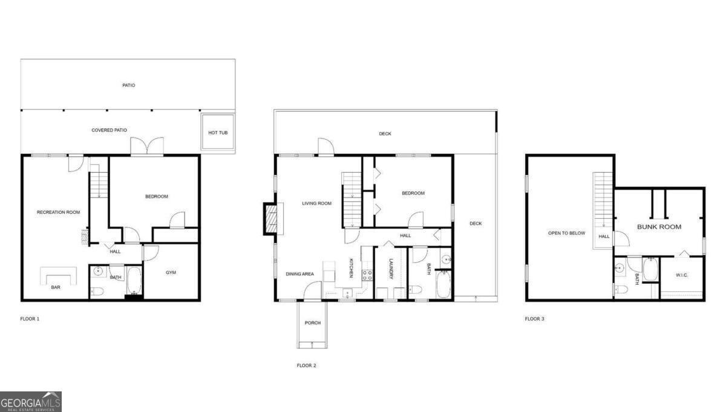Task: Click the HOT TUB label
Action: click(218, 133)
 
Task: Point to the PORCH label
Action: click(313, 323)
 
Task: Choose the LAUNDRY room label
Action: click(391, 269)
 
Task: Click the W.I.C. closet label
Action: click(682, 275)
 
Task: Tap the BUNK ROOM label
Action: click(659, 227)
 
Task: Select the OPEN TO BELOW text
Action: click(566, 233)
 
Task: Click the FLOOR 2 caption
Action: click(306, 365)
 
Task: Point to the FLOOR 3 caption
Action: click(534, 319)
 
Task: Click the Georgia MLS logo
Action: click(30, 402)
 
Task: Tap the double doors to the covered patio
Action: click(148, 145)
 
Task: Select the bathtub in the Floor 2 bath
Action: click(443, 285)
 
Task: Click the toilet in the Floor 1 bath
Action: click(98, 292)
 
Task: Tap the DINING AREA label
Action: click(300, 274)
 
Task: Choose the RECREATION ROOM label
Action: click(59, 212)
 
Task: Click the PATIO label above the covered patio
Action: click(128, 85)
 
